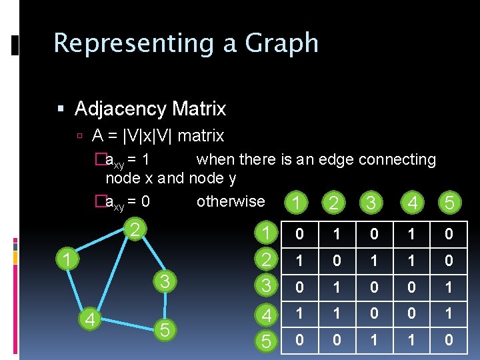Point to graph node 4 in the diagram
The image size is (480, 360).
point(89,320)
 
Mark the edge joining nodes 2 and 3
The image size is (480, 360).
point(148,256)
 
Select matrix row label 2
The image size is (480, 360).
point(265,260)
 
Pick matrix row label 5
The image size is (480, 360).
point(265,341)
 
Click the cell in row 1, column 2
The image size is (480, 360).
point(337,233)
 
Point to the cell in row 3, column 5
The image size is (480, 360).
point(449,287)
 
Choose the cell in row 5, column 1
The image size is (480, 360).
point(299,341)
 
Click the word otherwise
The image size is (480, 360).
point(231,201)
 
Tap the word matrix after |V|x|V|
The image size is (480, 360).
point(201,136)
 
